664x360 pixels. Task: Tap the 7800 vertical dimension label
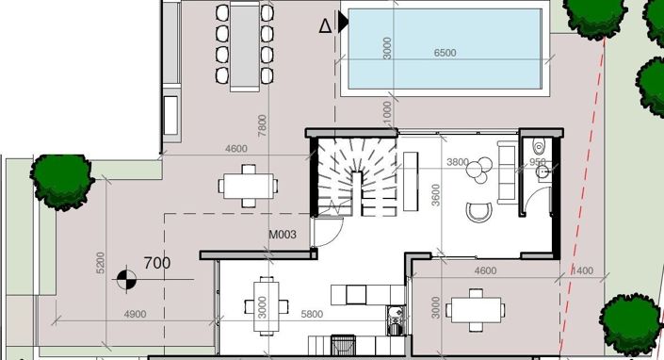[x=262, y=124]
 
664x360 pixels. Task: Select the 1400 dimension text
[x=584, y=271]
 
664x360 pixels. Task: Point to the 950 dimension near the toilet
[x=537, y=162]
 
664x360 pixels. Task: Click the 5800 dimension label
[x=313, y=314]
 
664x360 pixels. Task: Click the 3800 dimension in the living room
[x=458, y=162]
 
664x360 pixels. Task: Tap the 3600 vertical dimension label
[x=435, y=194]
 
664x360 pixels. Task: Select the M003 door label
[x=285, y=235]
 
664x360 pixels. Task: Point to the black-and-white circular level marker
[x=125, y=278]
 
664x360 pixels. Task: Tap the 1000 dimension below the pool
[x=387, y=111]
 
